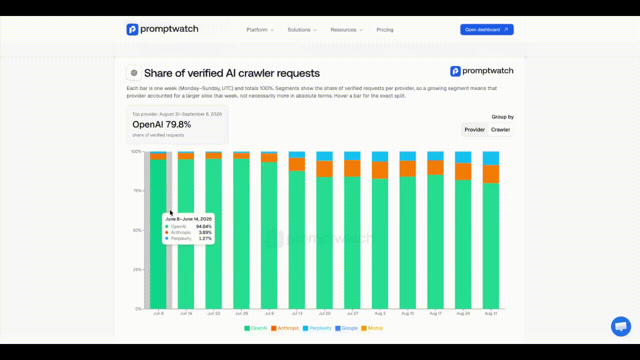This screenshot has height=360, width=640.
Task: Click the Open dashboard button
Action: click(487, 29)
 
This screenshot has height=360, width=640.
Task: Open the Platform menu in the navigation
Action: click(259, 29)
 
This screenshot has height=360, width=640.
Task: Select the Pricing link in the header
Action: click(385, 29)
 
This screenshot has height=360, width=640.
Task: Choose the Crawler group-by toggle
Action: click(500, 129)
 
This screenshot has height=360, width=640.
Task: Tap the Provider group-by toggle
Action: click(474, 129)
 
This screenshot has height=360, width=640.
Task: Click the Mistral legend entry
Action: click(372, 328)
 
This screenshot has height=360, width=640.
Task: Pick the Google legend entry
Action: click(346, 328)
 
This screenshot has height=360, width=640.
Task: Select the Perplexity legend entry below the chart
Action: click(317, 328)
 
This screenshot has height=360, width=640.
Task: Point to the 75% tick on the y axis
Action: click(137, 191)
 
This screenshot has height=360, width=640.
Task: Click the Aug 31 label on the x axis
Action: click(491, 313)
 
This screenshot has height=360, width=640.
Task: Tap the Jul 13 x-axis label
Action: click(297, 313)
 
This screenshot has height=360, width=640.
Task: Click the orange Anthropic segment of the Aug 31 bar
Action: click(491, 174)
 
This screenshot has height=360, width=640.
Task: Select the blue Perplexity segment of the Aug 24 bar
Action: click(463, 157)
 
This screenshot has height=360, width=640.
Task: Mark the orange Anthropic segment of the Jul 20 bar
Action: click(324, 169)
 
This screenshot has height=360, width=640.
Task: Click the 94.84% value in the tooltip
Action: click(203, 226)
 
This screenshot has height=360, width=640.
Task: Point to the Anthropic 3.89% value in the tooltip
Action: click(205, 232)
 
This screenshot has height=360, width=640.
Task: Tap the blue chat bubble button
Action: click(621, 326)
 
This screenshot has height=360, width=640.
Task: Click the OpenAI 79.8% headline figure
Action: click(161, 124)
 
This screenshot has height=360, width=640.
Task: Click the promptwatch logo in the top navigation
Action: click(162, 29)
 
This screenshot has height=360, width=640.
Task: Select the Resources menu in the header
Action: click(346, 29)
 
